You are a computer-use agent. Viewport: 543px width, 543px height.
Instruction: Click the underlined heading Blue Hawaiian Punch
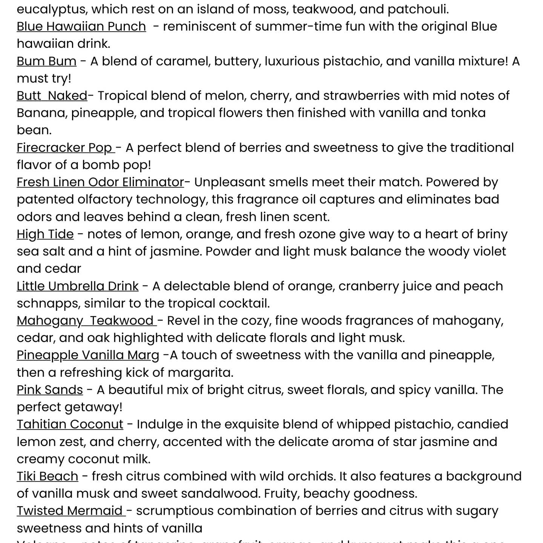(x=81, y=26)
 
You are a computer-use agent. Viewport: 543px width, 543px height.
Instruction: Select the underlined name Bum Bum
(x=46, y=61)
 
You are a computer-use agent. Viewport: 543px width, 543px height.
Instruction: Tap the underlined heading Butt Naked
(x=52, y=96)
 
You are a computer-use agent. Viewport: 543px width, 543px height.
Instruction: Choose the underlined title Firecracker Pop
(x=65, y=148)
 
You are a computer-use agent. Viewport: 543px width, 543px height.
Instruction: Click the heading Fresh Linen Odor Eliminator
(x=100, y=182)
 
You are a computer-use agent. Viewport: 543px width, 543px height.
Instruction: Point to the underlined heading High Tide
(x=45, y=234)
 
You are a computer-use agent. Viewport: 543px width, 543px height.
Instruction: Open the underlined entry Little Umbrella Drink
(x=77, y=286)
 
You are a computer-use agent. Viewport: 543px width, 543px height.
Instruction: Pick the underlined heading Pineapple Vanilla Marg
(x=88, y=355)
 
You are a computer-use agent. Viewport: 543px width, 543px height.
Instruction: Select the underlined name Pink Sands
(x=50, y=390)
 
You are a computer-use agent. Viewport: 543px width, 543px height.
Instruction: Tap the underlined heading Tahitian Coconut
(x=70, y=424)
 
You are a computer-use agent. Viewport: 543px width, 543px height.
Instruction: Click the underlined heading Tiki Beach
(x=48, y=476)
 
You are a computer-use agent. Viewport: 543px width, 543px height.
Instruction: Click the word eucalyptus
(x=52, y=9)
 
